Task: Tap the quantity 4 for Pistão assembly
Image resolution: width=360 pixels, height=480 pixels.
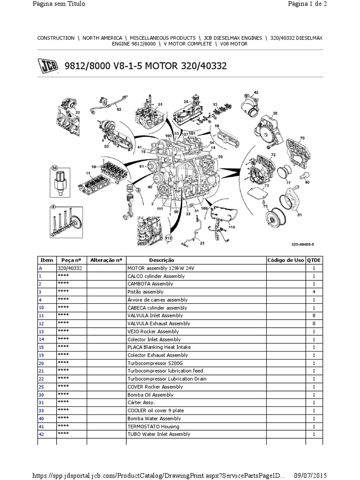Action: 314,292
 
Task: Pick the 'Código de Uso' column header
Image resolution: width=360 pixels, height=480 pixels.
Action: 285,260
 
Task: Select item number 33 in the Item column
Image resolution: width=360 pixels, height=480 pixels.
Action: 41,411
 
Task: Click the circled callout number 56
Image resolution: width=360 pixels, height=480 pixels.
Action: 54,167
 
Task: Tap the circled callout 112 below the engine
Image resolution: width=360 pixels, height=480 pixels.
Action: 169,239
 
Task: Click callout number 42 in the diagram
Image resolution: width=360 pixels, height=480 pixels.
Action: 255,92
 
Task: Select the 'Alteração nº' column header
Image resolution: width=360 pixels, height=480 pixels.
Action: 106,260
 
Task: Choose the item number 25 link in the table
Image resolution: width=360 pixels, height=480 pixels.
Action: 41,387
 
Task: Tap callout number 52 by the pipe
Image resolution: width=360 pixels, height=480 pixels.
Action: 119,109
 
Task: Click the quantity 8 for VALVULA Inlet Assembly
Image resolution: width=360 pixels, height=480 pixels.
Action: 314,315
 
